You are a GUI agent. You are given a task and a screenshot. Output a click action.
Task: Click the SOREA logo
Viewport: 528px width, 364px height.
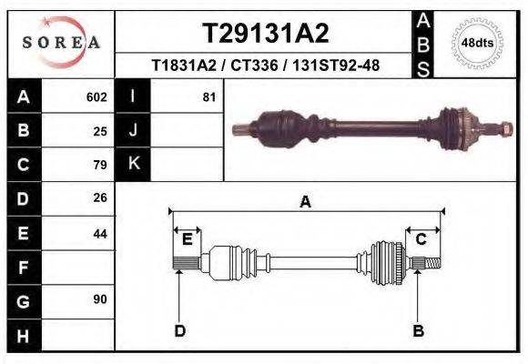click(x=61, y=43)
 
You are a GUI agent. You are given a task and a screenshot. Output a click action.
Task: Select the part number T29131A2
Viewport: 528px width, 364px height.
click(x=265, y=34)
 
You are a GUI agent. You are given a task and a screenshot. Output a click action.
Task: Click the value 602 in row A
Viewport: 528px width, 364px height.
click(x=96, y=96)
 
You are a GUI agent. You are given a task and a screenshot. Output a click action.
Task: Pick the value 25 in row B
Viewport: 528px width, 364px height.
click(x=100, y=130)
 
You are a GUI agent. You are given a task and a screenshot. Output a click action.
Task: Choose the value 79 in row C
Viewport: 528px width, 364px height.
click(x=100, y=165)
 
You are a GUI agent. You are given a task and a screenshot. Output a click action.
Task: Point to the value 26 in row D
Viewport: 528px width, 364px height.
click(x=100, y=197)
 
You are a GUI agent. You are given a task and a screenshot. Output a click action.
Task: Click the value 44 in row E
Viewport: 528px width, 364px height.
click(x=100, y=233)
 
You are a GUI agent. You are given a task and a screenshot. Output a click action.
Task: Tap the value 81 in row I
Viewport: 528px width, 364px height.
click(x=208, y=96)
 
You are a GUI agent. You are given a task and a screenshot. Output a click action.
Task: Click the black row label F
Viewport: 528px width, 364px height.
click(x=23, y=268)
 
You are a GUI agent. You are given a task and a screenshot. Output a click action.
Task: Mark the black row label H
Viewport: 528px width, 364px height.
click(x=23, y=335)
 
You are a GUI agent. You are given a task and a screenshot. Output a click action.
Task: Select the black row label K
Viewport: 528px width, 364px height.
click(x=133, y=164)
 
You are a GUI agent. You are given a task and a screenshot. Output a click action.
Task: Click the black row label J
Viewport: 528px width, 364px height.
click(x=133, y=130)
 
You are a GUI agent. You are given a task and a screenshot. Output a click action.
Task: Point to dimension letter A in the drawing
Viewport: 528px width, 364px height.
click(x=306, y=202)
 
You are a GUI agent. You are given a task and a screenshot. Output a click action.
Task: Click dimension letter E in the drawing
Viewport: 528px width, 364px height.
click(x=187, y=239)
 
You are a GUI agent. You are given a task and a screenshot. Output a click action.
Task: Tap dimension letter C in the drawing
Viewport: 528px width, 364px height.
click(x=421, y=239)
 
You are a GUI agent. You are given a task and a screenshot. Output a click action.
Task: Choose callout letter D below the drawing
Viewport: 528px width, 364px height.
click(x=179, y=330)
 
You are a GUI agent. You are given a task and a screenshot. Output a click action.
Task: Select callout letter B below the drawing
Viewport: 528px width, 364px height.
click(x=418, y=330)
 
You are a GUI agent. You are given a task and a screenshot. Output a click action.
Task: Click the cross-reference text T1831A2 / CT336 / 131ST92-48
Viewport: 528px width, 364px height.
click(x=265, y=66)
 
